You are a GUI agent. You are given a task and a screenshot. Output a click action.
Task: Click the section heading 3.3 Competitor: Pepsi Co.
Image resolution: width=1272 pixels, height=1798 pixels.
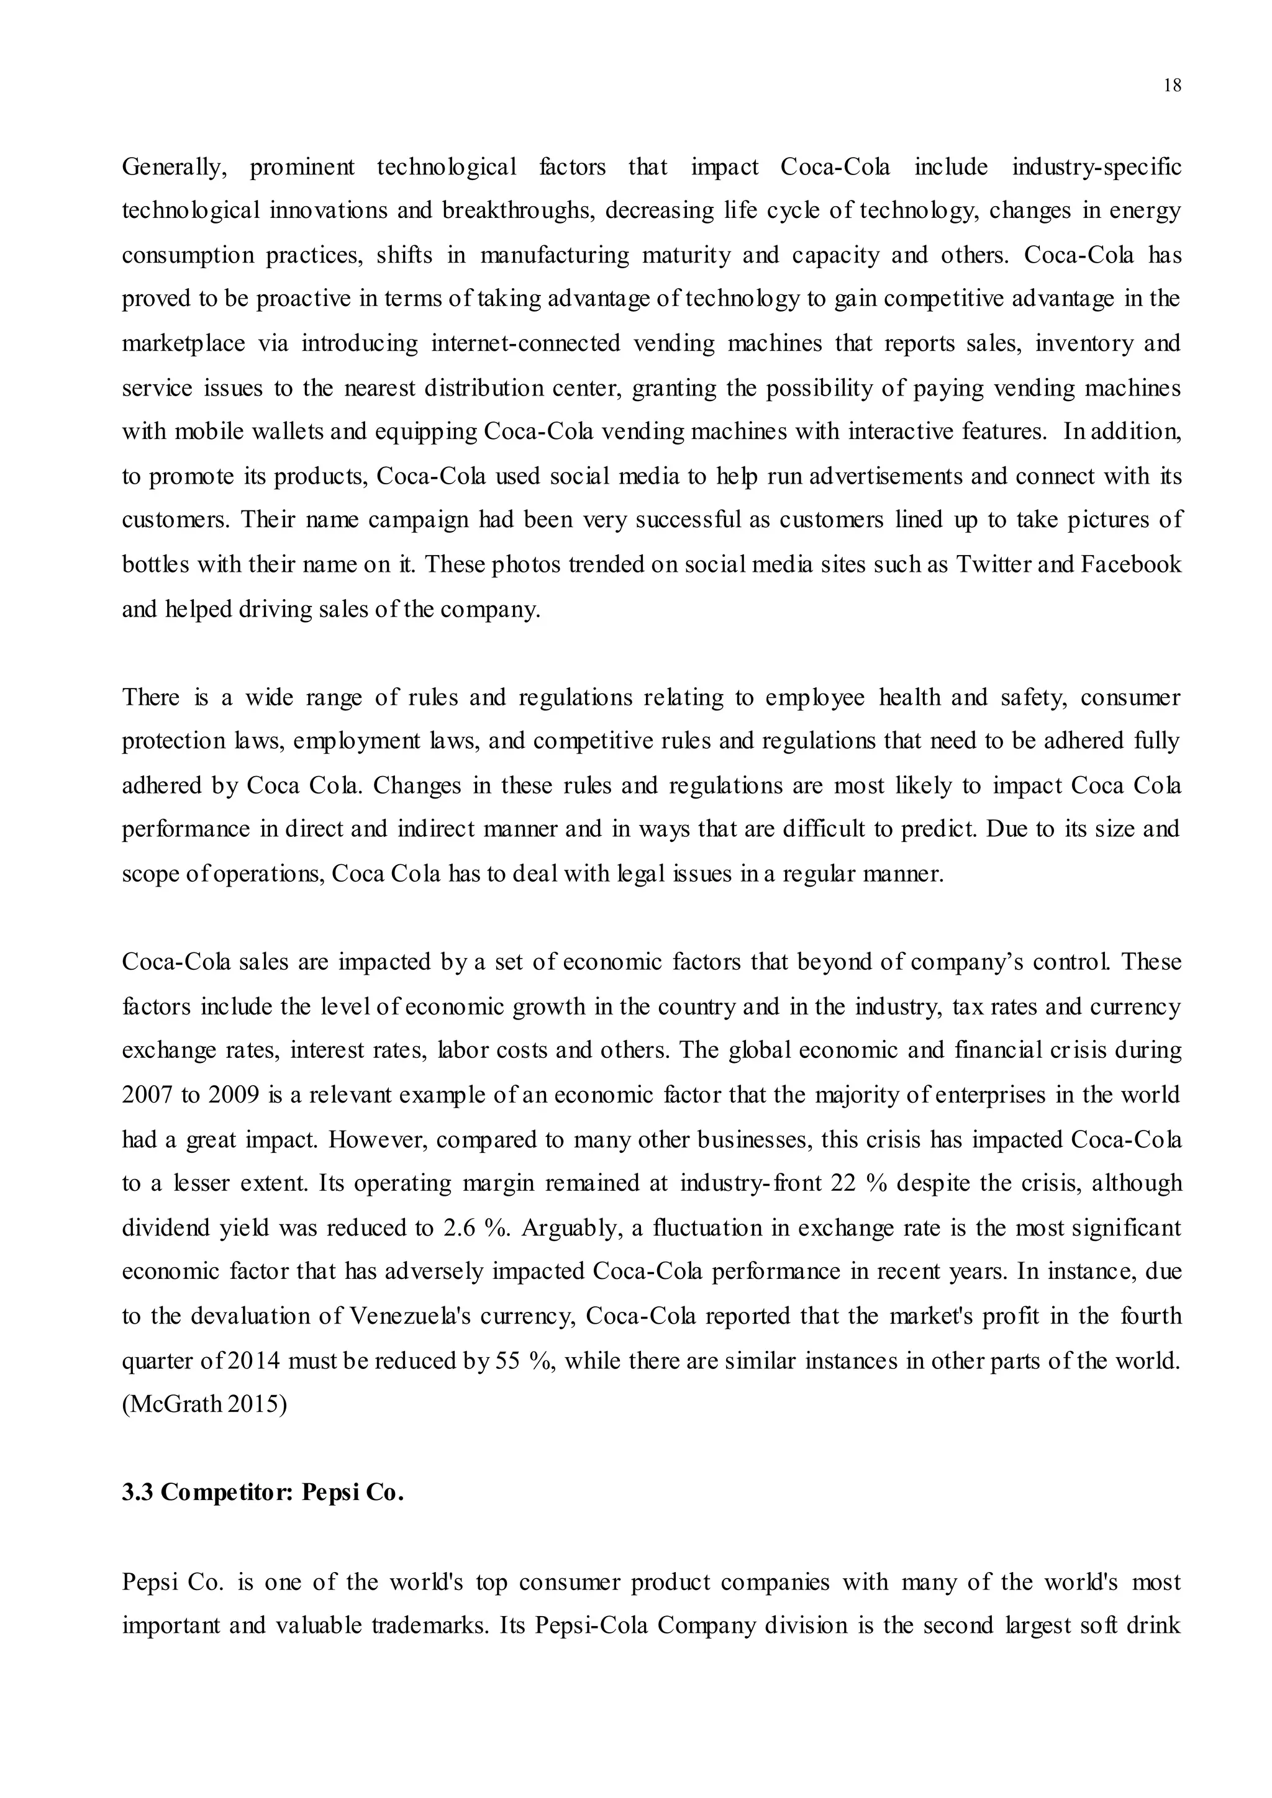coord(263,1493)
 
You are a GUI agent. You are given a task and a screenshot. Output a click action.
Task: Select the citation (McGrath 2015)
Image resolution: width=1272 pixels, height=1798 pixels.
coord(204,1405)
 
